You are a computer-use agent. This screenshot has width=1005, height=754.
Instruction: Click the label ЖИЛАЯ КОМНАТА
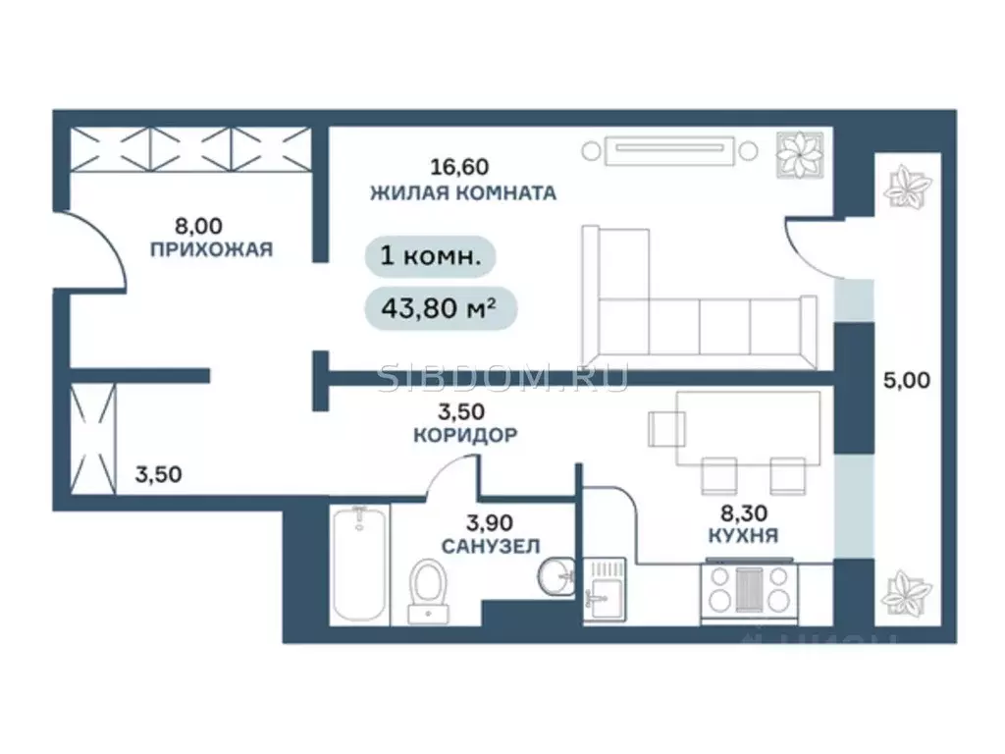click(x=462, y=192)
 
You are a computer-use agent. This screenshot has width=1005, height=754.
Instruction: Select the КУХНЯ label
click(x=743, y=535)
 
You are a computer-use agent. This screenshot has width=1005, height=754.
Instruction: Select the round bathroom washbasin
click(x=556, y=575)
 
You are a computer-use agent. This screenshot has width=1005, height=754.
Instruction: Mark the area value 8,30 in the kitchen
click(x=743, y=511)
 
